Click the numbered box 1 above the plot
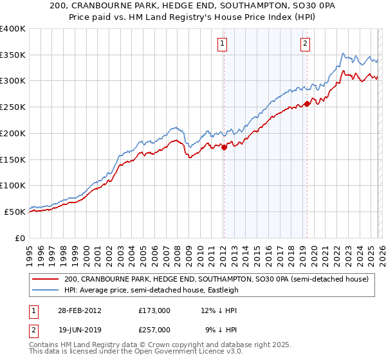222,44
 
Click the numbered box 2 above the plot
304,44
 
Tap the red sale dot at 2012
225,147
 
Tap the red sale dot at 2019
308,103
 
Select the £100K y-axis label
13,185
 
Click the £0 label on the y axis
19,238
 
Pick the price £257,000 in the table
154,329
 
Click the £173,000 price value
154,310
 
